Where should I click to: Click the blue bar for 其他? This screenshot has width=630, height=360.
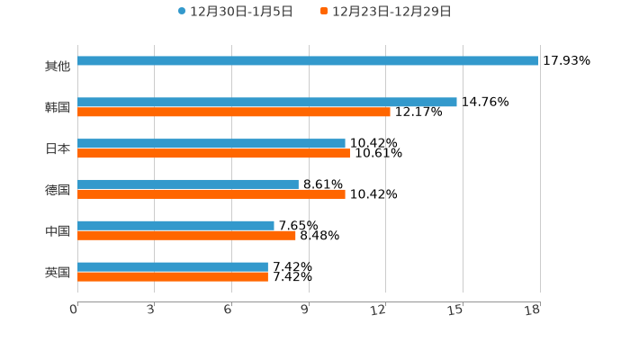(308, 61)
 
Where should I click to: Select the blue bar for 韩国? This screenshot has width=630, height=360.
(267, 103)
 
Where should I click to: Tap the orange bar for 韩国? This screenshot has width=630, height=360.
(234, 112)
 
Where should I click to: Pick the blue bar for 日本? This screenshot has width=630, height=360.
(211, 144)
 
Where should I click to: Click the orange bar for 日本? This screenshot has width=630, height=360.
(213, 154)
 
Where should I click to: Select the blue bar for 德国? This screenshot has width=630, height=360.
(188, 184)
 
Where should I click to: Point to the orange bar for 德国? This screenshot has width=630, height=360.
(211, 194)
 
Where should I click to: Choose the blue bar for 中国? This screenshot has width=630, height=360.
(175, 226)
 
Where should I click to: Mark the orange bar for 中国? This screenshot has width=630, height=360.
(186, 236)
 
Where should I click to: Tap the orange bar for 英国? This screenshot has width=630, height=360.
(173, 277)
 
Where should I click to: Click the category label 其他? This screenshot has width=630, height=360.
(58, 67)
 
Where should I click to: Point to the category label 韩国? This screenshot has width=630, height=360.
(58, 108)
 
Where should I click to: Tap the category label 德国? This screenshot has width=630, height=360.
(58, 190)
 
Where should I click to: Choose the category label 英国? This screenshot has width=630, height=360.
(58, 272)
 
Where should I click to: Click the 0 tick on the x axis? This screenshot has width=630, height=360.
(75, 310)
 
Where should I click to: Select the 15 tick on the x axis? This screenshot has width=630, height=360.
(457, 310)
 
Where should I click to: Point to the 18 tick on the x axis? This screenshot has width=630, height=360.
(534, 310)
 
